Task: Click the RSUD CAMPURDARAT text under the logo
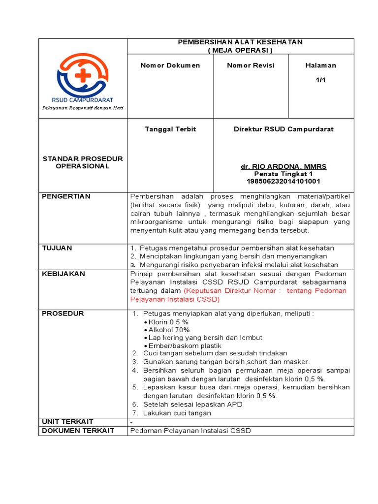click(x=83, y=99)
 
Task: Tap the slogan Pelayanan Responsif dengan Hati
click(x=83, y=107)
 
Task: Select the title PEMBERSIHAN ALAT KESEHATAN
click(x=240, y=42)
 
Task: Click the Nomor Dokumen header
click(x=170, y=65)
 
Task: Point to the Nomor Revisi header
click(x=251, y=65)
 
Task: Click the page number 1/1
click(x=321, y=80)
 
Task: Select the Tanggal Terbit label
click(x=170, y=129)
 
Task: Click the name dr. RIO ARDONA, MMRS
click(x=283, y=167)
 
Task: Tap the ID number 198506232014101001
click(x=283, y=181)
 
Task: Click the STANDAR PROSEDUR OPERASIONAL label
click(x=83, y=162)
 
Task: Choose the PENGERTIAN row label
click(x=66, y=196)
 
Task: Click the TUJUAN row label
click(x=57, y=248)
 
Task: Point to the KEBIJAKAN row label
click(x=63, y=274)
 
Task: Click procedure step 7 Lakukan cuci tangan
click(x=177, y=413)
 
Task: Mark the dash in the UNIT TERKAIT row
click(x=131, y=422)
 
